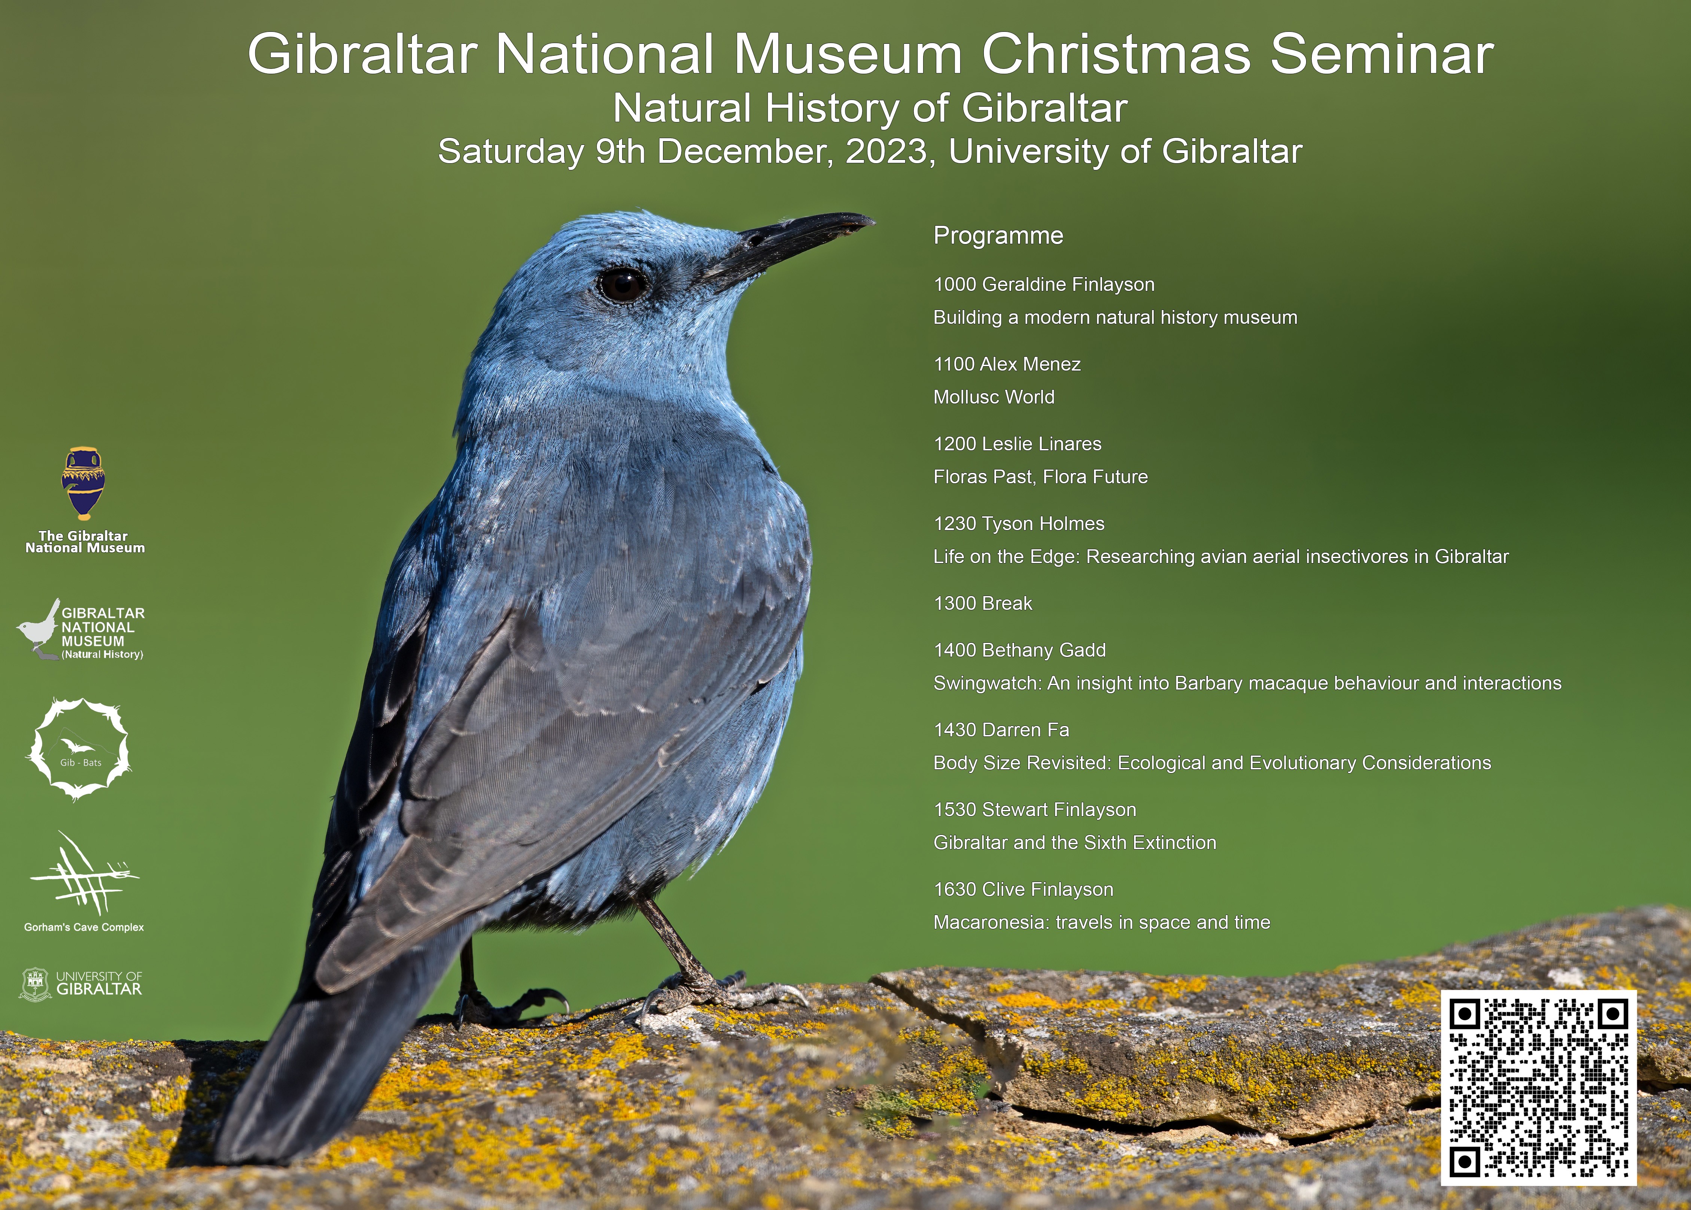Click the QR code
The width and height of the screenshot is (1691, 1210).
point(1538,1088)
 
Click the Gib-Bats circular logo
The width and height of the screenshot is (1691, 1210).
point(79,749)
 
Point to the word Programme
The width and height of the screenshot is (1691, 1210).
point(998,235)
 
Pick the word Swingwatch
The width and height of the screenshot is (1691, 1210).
point(987,683)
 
